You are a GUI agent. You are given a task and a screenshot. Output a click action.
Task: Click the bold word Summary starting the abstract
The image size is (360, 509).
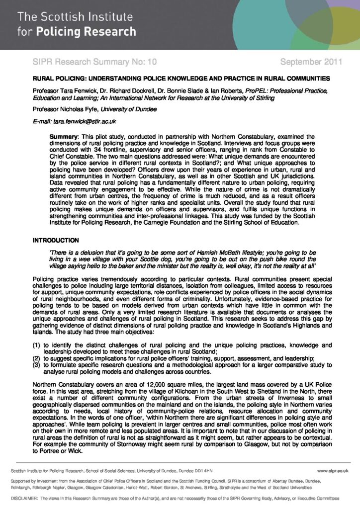pos(64,136)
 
